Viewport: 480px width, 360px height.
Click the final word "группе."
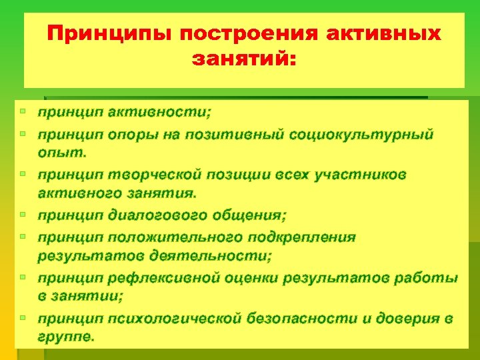66,337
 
